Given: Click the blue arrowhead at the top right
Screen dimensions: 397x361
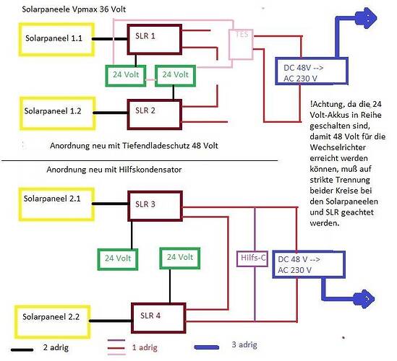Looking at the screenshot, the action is click(x=367, y=18).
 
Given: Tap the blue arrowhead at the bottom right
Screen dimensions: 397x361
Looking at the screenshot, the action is click(x=364, y=299).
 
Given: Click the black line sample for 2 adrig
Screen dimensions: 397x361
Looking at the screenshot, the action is click(x=22, y=350).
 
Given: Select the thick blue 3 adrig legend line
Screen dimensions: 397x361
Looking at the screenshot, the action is click(x=207, y=347).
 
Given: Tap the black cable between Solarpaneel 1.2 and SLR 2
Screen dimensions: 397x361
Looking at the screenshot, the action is click(x=111, y=113).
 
